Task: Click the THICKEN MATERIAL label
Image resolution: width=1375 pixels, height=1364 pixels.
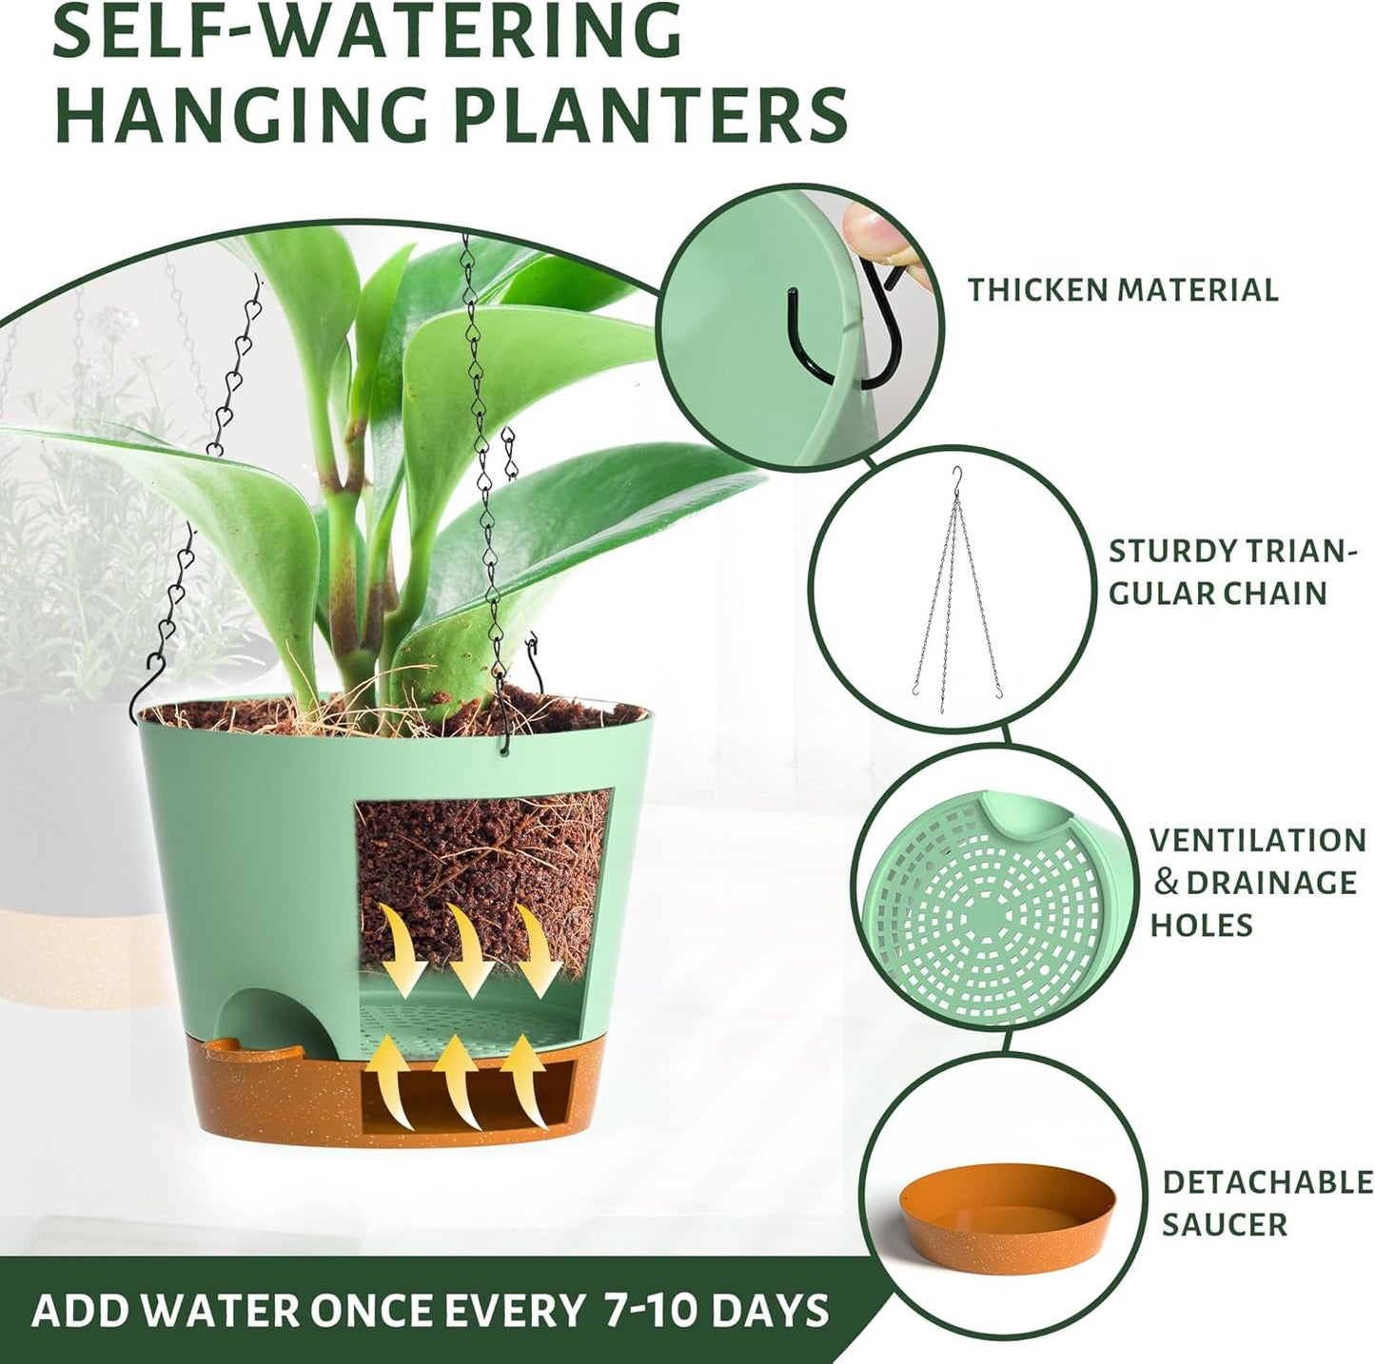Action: pyautogui.click(x=1123, y=289)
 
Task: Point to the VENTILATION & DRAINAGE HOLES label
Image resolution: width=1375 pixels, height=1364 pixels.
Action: pyautogui.click(x=1256, y=882)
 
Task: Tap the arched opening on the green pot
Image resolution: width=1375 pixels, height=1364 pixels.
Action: pyautogui.click(x=277, y=1020)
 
